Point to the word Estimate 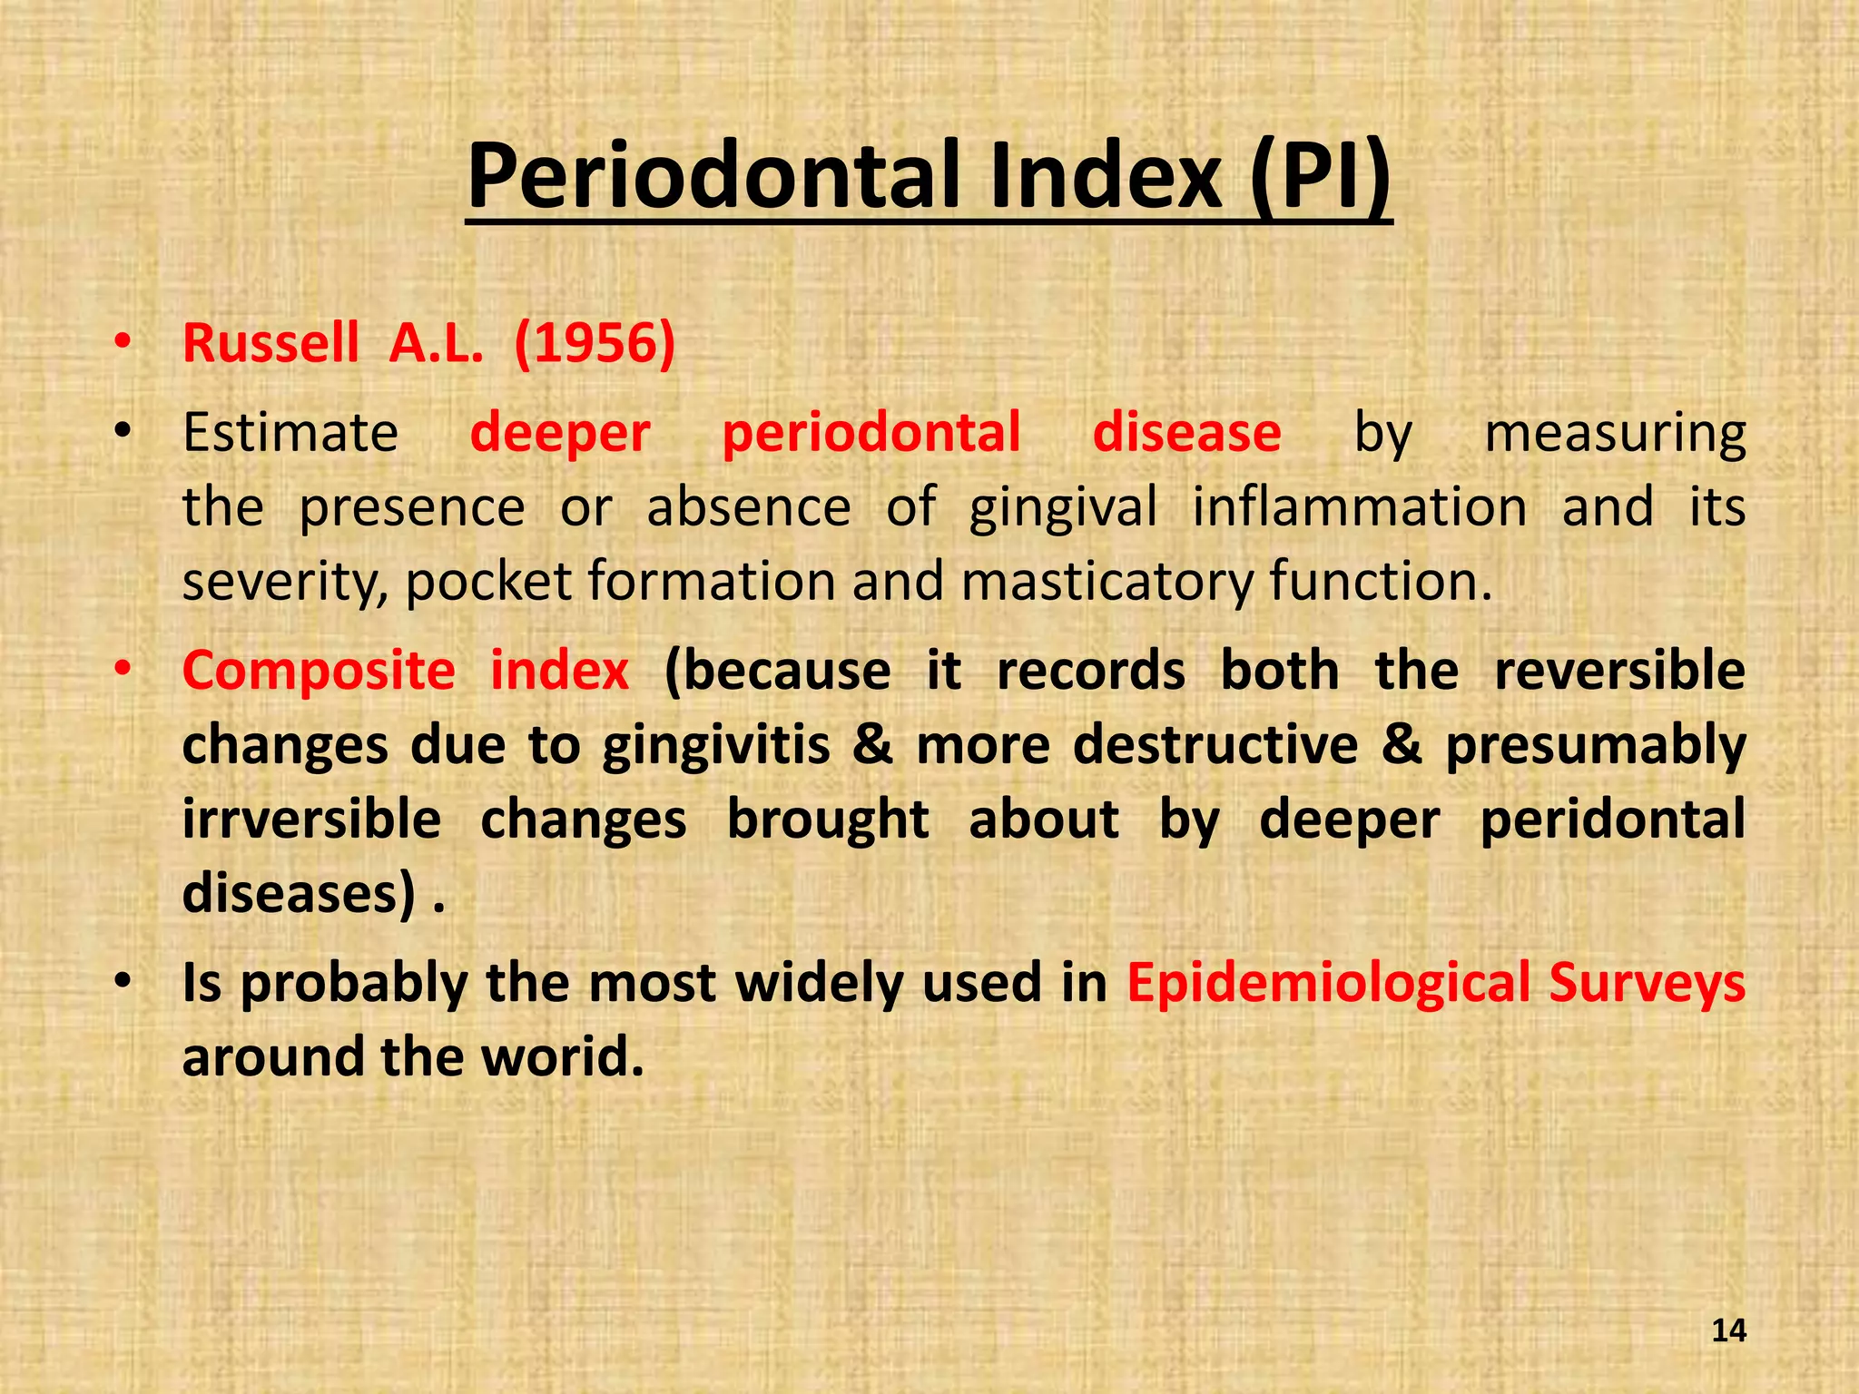tap(290, 432)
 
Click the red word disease tap(1186, 432)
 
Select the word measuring tap(1615, 434)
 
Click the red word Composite tap(319, 672)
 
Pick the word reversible tap(1619, 672)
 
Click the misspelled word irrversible tap(311, 820)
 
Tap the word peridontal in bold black tap(1612, 820)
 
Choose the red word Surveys tap(1647, 984)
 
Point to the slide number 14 tap(1728, 1330)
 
